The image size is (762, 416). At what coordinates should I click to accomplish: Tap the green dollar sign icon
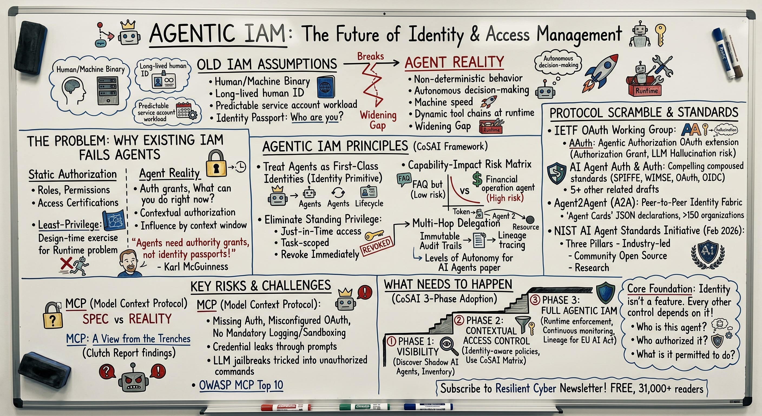coord(477,180)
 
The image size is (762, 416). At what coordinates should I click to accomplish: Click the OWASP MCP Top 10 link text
coord(241,385)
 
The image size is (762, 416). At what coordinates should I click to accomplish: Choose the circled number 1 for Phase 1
coord(391,342)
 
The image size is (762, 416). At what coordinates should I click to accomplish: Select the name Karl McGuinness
coord(196,267)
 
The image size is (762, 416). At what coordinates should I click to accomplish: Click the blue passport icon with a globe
coord(326,87)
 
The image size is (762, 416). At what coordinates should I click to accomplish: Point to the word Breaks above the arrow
coord(370,56)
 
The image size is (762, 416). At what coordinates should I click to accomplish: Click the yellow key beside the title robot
coord(660,35)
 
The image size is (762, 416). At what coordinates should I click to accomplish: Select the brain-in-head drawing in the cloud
coord(73,90)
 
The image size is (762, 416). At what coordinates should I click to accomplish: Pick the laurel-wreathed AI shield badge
coord(708,254)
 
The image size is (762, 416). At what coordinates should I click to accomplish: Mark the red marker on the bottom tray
coord(285,407)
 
